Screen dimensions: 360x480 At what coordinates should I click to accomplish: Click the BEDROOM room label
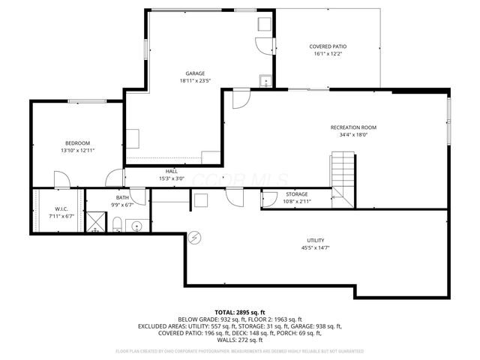click(77, 143)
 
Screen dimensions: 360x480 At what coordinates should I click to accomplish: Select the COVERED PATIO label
click(328, 46)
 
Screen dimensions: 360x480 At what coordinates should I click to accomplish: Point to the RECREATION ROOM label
click(353, 127)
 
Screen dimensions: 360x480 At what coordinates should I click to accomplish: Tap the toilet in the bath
click(118, 223)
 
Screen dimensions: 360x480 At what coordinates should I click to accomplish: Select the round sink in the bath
click(137, 224)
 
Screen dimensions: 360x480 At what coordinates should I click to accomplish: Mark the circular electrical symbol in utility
click(195, 237)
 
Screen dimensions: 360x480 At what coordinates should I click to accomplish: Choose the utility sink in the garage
click(264, 82)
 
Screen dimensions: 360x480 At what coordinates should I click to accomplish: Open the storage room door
click(269, 199)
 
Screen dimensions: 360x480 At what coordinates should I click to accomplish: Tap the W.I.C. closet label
click(61, 208)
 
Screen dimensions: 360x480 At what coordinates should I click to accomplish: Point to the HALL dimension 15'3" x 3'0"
click(172, 178)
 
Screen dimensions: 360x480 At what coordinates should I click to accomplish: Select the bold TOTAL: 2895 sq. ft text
click(240, 312)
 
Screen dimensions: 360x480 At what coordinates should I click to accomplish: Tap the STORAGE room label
click(295, 194)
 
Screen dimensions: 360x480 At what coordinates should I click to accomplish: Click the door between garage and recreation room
click(241, 97)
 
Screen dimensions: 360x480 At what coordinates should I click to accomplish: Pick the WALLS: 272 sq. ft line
click(240, 340)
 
